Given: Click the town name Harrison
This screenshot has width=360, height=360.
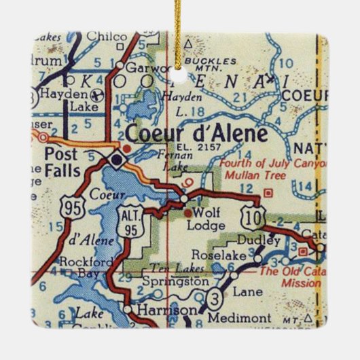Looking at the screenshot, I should pos(161,310).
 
